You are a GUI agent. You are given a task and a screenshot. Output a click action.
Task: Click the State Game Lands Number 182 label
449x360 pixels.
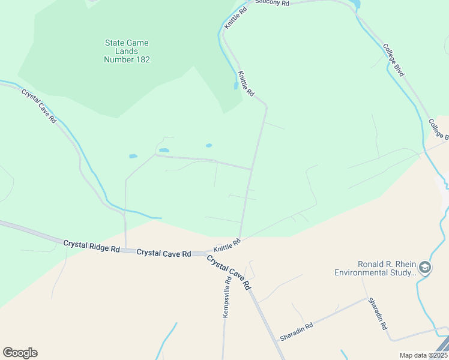[127, 51]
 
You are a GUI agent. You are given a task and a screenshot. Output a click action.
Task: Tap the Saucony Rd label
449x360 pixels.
[272, 3]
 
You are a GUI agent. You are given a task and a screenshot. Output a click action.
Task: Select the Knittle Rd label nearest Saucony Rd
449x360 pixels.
[235, 19]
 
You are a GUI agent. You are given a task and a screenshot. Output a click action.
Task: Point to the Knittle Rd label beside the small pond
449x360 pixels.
[246, 84]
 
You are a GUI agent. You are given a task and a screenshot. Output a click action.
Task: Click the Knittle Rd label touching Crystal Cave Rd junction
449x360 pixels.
[227, 244]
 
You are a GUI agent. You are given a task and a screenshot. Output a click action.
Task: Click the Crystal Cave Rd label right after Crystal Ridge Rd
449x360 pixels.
[163, 253]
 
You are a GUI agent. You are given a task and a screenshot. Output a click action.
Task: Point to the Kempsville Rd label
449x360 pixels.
[227, 298]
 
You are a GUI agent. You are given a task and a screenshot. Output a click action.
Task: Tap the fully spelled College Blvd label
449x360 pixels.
[394, 59]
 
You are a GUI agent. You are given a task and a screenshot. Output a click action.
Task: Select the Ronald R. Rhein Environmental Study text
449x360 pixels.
[375, 268]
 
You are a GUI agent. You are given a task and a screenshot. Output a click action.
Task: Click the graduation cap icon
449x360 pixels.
[425, 268]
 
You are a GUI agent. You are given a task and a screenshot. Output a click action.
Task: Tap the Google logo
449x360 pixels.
[20, 353]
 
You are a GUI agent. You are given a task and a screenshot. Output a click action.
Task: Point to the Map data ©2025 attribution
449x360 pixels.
[423, 355]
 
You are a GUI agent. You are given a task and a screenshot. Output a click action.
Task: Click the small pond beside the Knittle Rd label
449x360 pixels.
[235, 86]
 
